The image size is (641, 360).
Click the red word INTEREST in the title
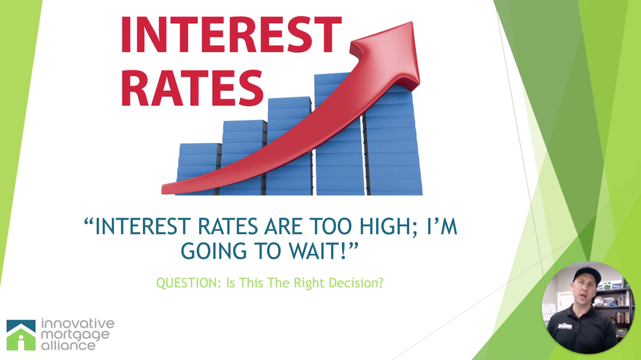(231, 34)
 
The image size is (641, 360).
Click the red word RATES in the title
(192, 88)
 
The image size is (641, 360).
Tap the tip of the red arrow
(412, 22)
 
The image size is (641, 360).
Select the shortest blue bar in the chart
(199, 169)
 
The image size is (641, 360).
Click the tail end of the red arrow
(164, 190)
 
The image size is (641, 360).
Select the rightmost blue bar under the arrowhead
(393, 140)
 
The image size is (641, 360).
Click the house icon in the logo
(21, 335)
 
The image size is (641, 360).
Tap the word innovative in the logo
(78, 323)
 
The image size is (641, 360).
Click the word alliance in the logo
(68, 345)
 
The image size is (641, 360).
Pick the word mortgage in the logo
(75, 335)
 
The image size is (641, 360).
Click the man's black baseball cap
(587, 274)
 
